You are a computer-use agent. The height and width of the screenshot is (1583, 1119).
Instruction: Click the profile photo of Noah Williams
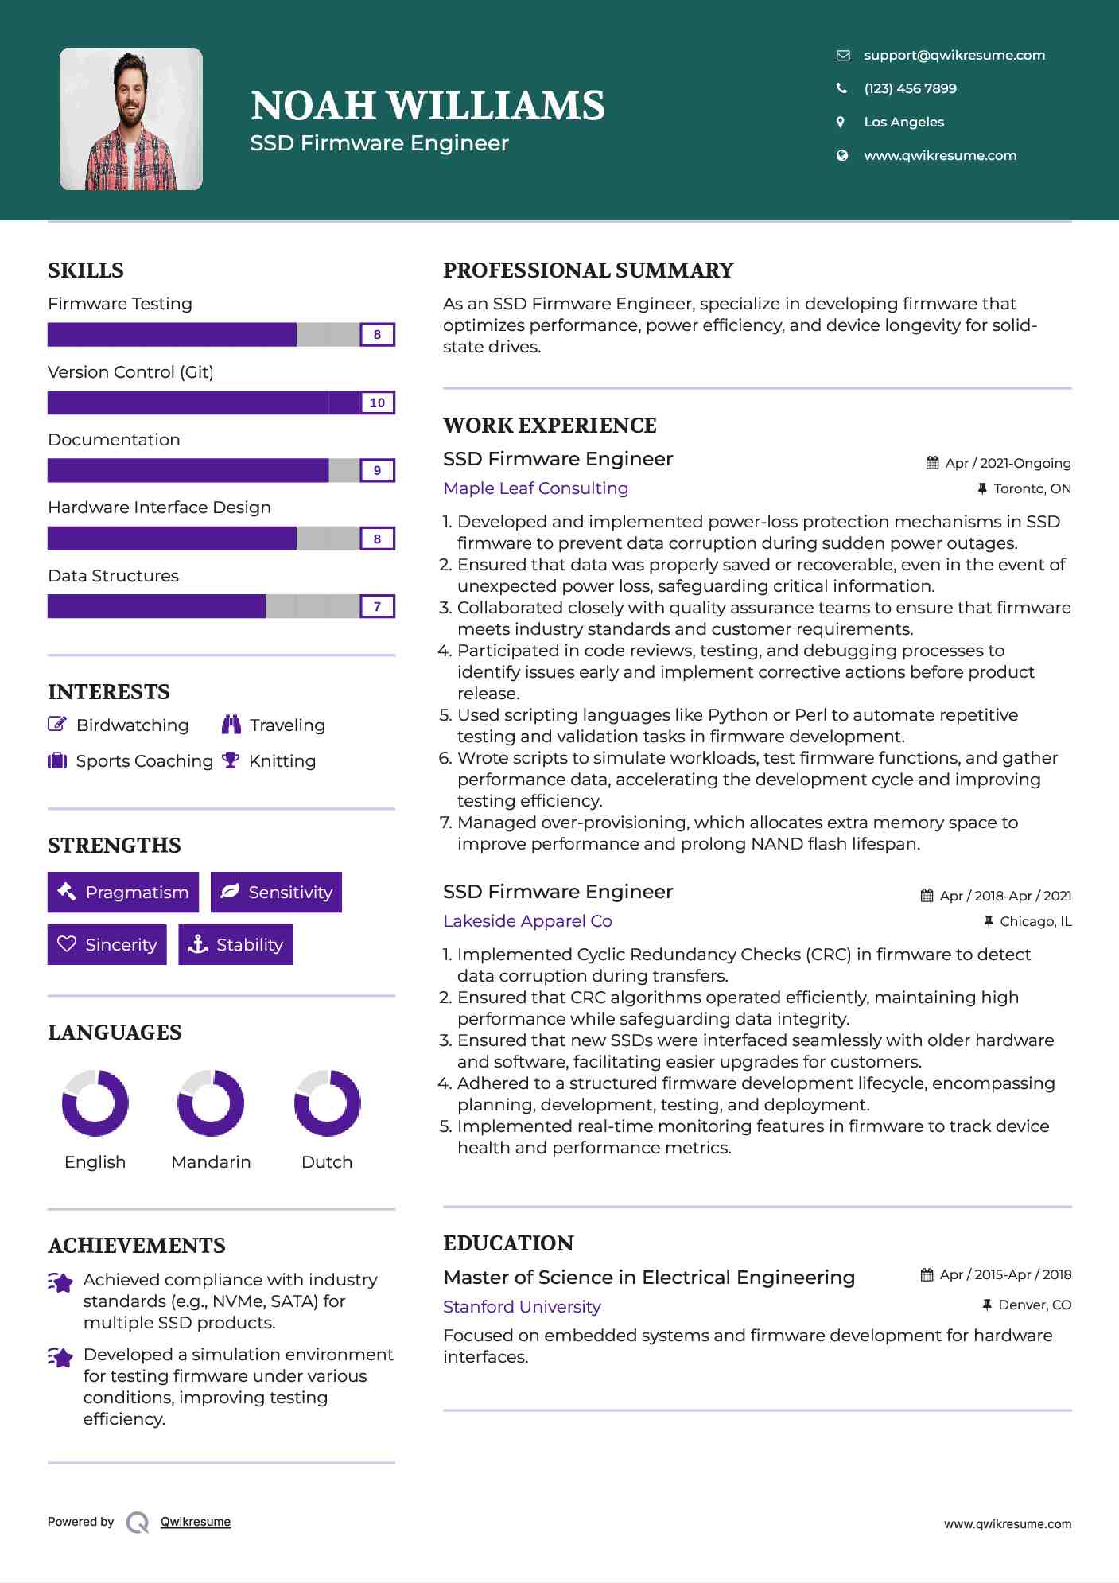click(131, 119)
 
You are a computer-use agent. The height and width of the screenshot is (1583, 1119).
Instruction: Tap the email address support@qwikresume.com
click(954, 55)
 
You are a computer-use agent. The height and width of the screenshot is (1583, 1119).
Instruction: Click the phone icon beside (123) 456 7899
click(841, 88)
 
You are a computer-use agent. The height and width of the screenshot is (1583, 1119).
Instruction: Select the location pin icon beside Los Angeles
click(841, 122)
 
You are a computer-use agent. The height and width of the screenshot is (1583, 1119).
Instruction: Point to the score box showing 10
click(377, 403)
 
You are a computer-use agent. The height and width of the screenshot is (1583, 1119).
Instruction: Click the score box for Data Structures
click(377, 607)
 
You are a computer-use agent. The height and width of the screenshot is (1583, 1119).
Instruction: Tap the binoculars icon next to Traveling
click(231, 725)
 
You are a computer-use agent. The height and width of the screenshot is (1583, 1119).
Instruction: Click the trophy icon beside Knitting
click(231, 760)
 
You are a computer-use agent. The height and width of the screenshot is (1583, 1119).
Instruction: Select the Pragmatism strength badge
click(123, 893)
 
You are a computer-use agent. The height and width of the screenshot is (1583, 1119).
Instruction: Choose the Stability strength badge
click(235, 944)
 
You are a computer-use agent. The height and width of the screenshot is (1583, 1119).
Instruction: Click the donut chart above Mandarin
click(211, 1103)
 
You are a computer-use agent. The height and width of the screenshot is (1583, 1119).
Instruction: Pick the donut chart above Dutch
click(327, 1103)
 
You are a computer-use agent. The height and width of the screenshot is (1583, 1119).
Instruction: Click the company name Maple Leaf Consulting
click(535, 488)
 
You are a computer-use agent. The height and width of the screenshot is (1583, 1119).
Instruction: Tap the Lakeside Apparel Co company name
click(527, 921)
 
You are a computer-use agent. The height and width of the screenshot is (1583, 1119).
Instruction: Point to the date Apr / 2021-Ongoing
click(1008, 463)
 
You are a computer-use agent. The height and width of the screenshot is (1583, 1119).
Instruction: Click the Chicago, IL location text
click(1035, 921)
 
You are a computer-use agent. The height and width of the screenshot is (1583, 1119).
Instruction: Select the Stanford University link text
click(522, 1307)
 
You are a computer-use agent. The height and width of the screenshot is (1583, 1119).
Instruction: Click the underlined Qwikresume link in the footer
click(196, 1522)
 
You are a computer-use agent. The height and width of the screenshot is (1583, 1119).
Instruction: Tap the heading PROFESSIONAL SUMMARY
click(588, 270)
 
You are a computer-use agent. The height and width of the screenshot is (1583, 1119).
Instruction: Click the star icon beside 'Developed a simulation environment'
click(60, 1357)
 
